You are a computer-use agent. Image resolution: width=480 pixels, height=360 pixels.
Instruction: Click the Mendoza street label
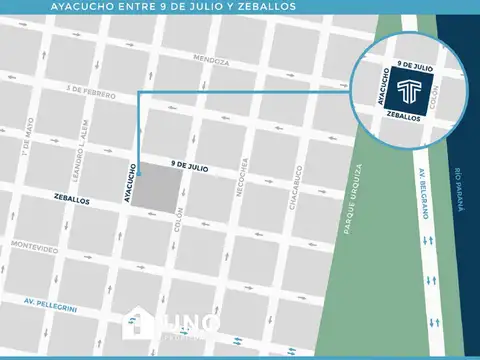click(x=212, y=61)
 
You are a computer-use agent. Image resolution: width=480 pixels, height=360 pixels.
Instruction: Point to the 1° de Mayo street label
click(x=29, y=144)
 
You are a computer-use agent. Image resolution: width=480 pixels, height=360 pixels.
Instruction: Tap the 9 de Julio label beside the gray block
click(x=188, y=167)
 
